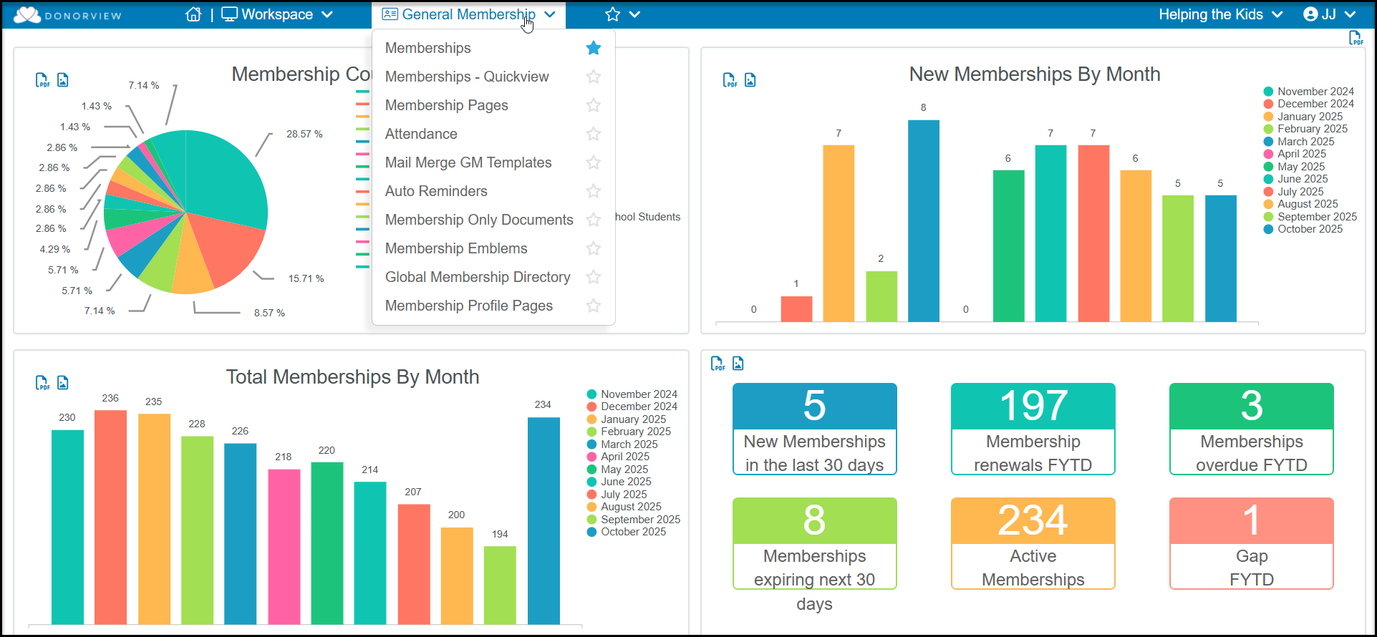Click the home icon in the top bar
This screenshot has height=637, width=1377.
point(193,14)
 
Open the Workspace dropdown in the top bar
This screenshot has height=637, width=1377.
point(277,14)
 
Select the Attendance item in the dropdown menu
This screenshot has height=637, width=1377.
point(421,134)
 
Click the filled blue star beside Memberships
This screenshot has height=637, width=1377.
point(594,48)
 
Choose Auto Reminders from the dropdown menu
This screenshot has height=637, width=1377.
point(436,191)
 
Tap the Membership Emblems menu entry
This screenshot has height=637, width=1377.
point(456,248)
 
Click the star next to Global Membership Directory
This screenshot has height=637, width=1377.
point(594,277)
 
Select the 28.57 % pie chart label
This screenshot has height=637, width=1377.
point(304,134)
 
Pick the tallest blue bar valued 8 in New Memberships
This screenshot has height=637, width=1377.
point(924,220)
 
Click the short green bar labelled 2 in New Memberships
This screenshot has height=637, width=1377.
point(881,296)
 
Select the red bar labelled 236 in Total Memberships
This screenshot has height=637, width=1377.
point(110,517)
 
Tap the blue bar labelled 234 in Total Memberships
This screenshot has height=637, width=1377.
point(543,520)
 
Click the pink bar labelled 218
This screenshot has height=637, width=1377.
point(284,547)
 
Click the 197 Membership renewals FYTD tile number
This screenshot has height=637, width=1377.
point(1033,406)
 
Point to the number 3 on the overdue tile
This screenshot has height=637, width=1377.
point(1252,406)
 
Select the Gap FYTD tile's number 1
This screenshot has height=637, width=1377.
point(1251,520)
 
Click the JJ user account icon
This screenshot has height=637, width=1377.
point(1310,14)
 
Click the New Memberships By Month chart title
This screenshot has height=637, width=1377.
point(1035,74)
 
